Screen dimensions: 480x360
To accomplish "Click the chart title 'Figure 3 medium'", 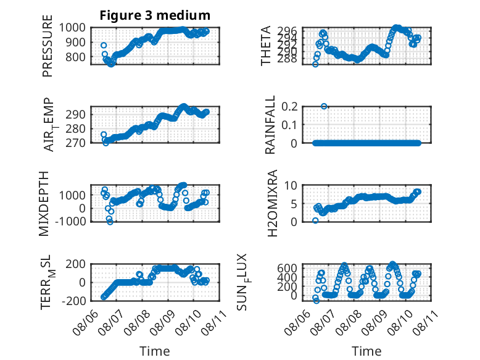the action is point(155,15).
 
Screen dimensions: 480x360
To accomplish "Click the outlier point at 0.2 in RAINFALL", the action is point(324,106).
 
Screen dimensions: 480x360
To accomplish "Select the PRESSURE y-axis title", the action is point(48,46).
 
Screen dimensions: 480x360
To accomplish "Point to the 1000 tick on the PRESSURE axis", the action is point(72,28).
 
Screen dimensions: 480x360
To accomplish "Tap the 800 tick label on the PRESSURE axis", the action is point(76,57).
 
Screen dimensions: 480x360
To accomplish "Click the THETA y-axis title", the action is point(266,46).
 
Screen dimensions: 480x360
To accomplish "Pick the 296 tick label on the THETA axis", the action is point(287,31).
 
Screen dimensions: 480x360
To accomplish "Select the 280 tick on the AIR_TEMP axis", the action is point(76,128).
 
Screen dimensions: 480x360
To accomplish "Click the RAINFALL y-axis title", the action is point(270,125).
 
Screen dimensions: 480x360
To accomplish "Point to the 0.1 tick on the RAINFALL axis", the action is point(289,125).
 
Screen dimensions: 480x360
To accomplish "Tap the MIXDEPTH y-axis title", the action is point(44,203).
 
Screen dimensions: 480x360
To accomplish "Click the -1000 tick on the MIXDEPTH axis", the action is point(70,221).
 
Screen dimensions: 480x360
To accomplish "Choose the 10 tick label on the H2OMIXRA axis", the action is point(291,185).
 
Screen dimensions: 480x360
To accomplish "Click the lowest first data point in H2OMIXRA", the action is point(315,220).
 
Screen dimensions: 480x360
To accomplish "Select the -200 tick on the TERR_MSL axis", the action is point(73,301).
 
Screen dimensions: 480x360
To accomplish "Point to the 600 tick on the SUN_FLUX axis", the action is point(287,268).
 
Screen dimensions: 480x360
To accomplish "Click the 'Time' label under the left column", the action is point(155,351).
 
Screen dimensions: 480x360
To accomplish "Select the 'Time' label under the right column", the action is point(366,351).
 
